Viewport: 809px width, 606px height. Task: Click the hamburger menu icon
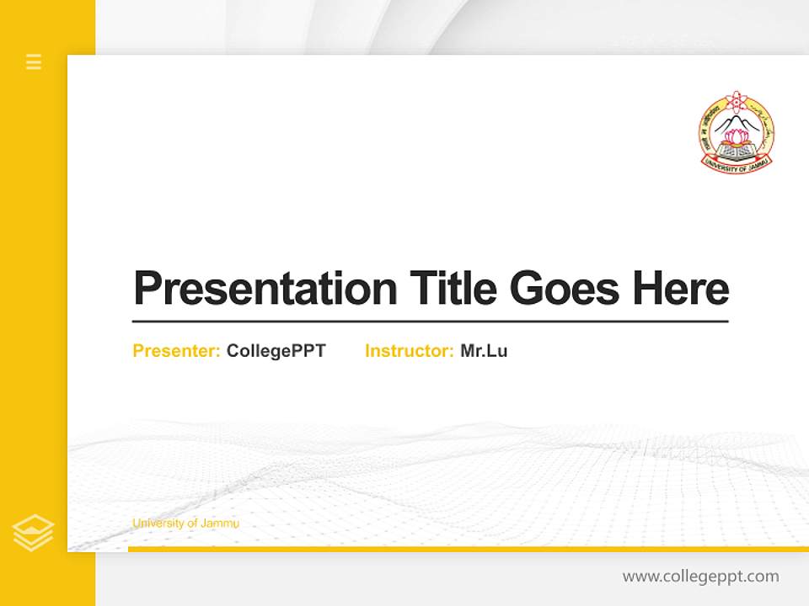pyautogui.click(x=34, y=61)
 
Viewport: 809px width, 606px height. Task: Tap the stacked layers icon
pyautogui.click(x=33, y=533)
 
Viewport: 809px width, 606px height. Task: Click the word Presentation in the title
pyautogui.click(x=265, y=289)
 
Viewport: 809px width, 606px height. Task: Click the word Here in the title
pyautogui.click(x=680, y=288)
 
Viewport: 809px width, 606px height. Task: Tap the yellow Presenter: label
pyautogui.click(x=176, y=351)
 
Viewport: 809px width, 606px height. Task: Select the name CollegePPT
pyautogui.click(x=276, y=351)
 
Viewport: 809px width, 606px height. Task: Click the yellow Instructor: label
pyautogui.click(x=409, y=351)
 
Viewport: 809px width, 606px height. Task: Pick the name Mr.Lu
pyautogui.click(x=484, y=351)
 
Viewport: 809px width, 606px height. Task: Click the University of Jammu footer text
pyautogui.click(x=185, y=524)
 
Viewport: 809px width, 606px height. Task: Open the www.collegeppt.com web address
pyautogui.click(x=700, y=577)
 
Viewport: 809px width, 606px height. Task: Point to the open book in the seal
pyautogui.click(x=736, y=152)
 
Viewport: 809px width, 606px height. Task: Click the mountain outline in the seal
pyautogui.click(x=737, y=123)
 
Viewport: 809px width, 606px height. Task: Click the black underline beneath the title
pyautogui.click(x=430, y=322)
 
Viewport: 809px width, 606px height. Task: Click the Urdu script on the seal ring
pyautogui.click(x=763, y=118)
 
